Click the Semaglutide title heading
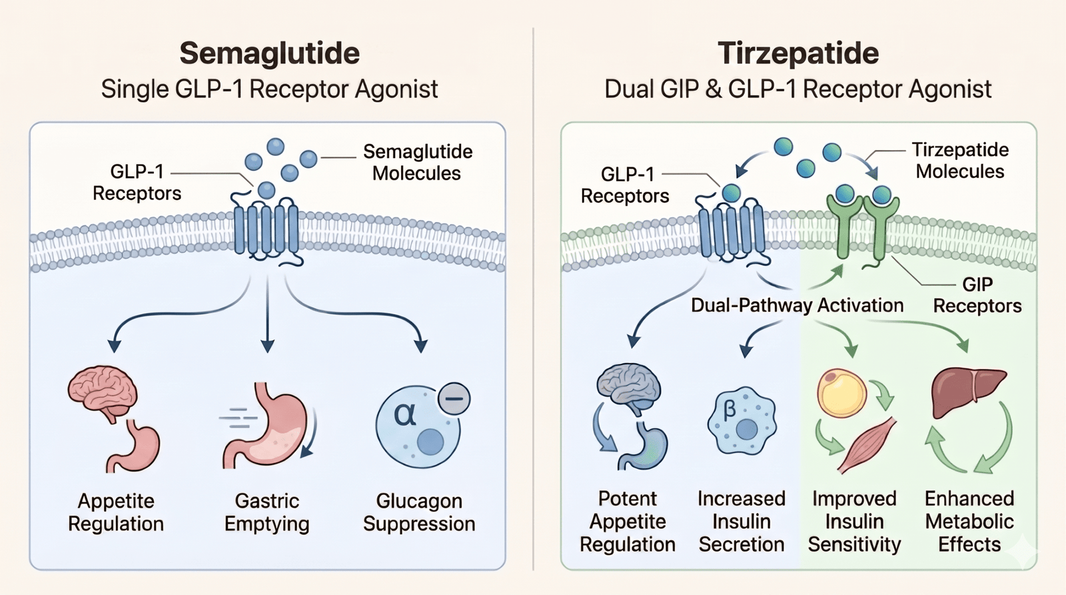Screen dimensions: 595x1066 269,53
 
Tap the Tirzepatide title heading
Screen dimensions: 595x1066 798,53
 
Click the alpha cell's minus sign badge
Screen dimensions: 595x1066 454,399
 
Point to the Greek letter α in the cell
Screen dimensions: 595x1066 405,414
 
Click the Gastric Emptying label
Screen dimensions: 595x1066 266,512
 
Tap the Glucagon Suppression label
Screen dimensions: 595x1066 419,512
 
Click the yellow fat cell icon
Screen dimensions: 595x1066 841,393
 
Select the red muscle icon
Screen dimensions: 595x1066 867,446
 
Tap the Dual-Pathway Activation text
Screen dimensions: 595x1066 797,305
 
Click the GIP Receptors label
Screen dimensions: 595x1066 977,295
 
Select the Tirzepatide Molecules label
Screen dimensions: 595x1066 960,161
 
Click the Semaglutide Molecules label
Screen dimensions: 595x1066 417,163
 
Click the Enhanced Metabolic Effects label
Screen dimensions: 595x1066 969,521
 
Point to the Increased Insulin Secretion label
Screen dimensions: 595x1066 741,521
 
